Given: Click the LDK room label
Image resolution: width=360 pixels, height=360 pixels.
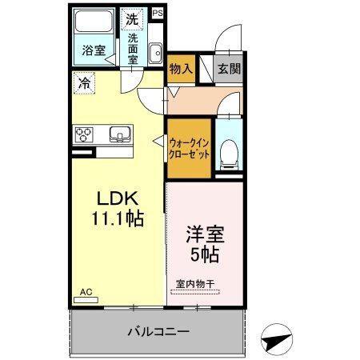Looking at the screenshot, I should (x=118, y=198).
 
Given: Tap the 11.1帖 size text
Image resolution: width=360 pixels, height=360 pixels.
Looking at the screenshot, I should (x=118, y=217).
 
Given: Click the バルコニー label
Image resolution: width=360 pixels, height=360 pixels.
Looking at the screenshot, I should (x=157, y=330).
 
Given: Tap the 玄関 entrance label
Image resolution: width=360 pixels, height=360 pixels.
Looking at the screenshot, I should (x=229, y=69).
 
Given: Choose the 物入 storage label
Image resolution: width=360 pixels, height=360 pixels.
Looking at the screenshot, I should (x=180, y=70).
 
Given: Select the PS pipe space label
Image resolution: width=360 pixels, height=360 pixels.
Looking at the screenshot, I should (x=157, y=14).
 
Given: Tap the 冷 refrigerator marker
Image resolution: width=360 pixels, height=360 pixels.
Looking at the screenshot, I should (x=83, y=81).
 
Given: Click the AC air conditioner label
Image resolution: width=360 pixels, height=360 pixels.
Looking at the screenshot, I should (x=85, y=293).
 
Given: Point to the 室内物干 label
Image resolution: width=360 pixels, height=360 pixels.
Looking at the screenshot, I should (x=196, y=284).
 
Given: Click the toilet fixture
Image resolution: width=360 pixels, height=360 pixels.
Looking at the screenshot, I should (x=229, y=151).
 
